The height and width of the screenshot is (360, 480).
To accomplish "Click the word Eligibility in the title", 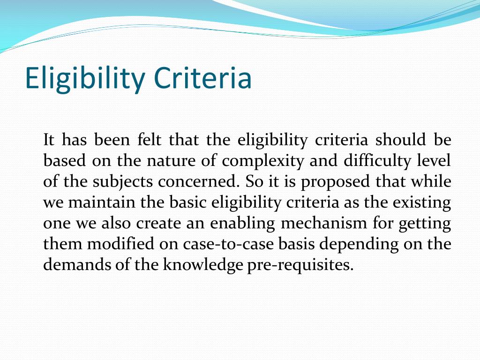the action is tap(84, 78).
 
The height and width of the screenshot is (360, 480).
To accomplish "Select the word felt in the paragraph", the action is tap(149, 140).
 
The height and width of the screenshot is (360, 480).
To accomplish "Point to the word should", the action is tap(400, 140).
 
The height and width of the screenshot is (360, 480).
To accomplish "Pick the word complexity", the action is tap(262, 161).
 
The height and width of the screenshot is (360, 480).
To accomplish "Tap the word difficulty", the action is tap(377, 161).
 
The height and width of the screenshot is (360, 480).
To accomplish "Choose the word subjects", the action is tap(123, 182).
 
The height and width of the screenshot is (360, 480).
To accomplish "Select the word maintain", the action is tap(101, 202).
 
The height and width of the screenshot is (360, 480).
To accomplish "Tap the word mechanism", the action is tap(323, 223).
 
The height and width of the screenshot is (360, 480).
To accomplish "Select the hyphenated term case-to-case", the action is tap(228, 244).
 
